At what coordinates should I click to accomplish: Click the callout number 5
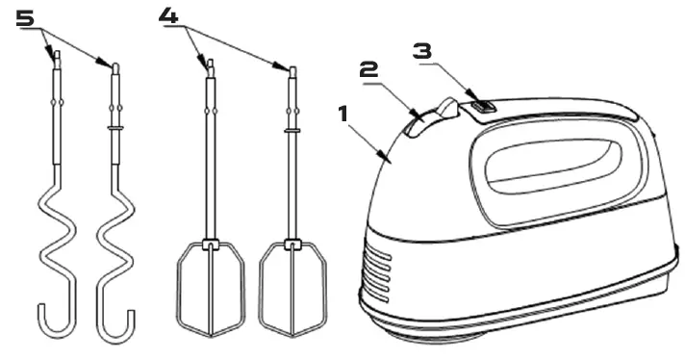(26, 16)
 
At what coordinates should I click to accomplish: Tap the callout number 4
(168, 16)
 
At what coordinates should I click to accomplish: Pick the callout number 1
(342, 114)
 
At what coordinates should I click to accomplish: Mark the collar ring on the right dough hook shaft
(116, 125)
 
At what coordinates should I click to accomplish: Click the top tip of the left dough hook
(55, 55)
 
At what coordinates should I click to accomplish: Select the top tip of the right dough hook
(116, 66)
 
